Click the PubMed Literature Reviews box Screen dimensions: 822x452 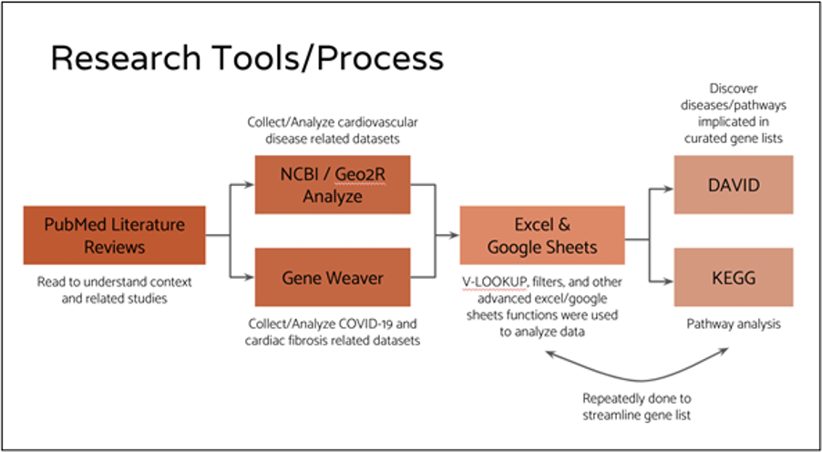pyautogui.click(x=114, y=235)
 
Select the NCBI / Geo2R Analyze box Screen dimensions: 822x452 pyautogui.click(x=333, y=185)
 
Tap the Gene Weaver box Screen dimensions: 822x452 pyautogui.click(x=333, y=277)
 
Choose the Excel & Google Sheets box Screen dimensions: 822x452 pyautogui.click(x=542, y=235)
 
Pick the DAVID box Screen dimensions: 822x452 pyautogui.click(x=734, y=185)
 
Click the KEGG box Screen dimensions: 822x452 pyautogui.click(x=734, y=277)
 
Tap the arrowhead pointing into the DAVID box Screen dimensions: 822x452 pyautogui.click(x=668, y=190)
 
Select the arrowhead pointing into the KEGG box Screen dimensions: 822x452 pyautogui.click(x=668, y=281)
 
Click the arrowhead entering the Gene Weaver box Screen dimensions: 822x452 pyautogui.click(x=250, y=276)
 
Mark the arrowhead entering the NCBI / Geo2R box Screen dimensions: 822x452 pyautogui.click(x=250, y=184)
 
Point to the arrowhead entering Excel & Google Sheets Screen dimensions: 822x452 pyautogui.click(x=455, y=235)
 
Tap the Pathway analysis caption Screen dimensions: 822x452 pyautogui.click(x=734, y=324)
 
